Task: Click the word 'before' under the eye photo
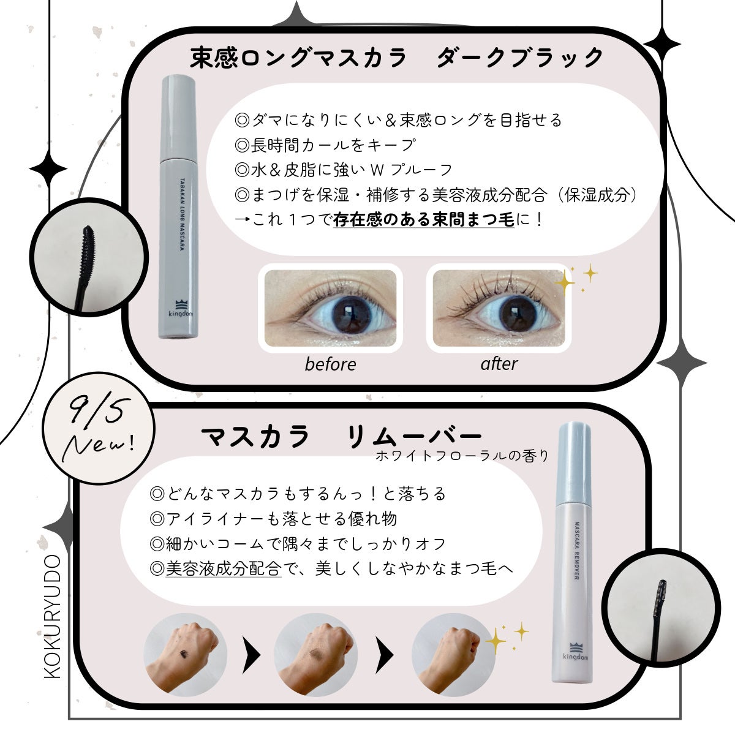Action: (x=330, y=364)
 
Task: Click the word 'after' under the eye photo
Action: (x=499, y=363)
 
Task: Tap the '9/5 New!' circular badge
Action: (x=99, y=428)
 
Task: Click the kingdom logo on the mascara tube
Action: (x=181, y=309)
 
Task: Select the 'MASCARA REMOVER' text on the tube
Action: (x=577, y=550)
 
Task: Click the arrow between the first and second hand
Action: (x=251, y=655)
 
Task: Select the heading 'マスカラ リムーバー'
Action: (x=341, y=436)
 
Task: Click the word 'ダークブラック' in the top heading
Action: (x=520, y=58)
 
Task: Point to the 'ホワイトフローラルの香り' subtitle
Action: (x=462, y=456)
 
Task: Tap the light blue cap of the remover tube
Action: (x=575, y=464)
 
